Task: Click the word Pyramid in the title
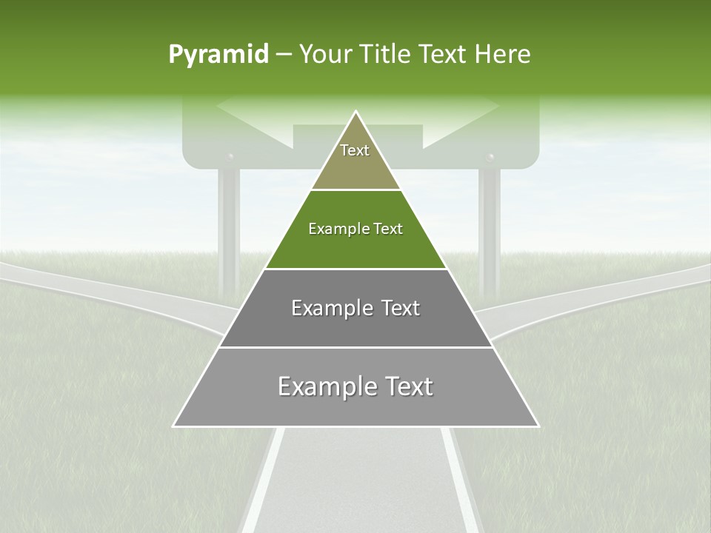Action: (x=218, y=55)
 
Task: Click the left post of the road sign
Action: (x=229, y=222)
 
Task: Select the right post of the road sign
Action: (x=488, y=222)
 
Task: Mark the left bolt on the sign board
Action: (x=230, y=158)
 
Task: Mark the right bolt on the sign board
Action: (x=489, y=158)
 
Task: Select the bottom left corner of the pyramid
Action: (x=175, y=426)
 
